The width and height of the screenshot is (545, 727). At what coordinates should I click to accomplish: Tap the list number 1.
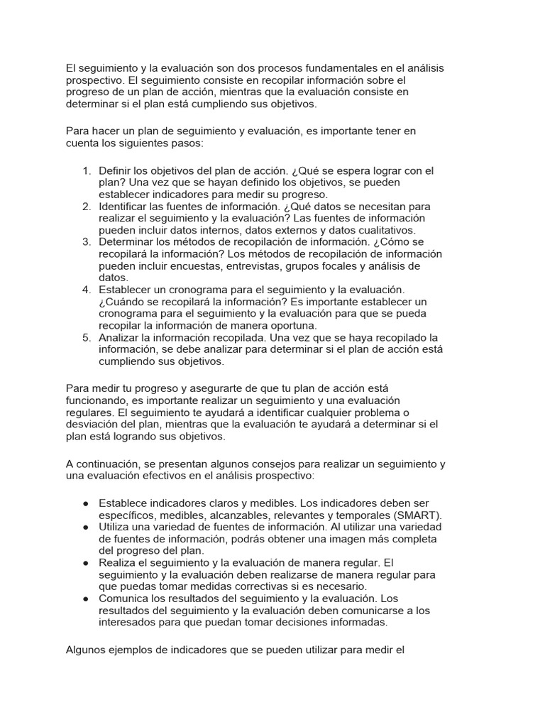coord(87,171)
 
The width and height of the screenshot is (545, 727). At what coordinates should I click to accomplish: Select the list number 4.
coord(87,290)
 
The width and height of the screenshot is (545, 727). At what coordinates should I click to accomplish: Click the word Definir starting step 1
coord(116,171)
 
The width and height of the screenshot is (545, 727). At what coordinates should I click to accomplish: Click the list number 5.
coord(87,337)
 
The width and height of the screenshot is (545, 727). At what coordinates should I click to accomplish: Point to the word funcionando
coord(98,400)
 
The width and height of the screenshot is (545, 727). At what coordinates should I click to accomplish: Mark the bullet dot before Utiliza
coord(85,528)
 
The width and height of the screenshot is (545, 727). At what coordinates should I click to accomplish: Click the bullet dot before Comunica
coord(85,598)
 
